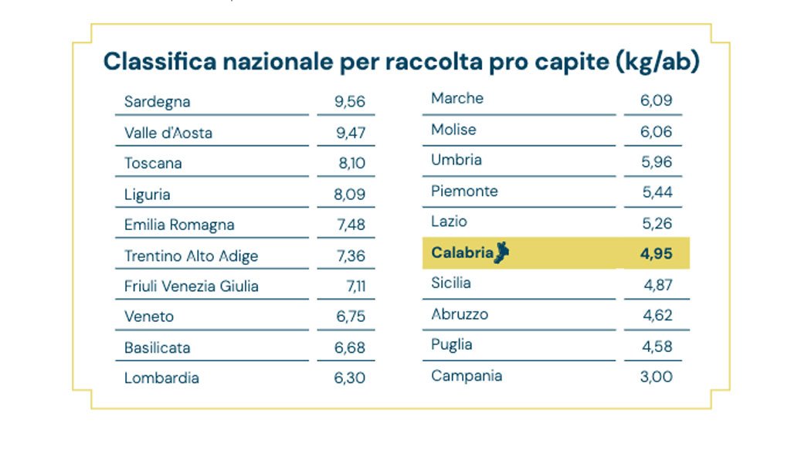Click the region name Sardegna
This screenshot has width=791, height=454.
point(157,102)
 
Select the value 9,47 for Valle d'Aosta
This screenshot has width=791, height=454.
point(350,133)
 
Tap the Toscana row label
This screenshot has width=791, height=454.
point(153,164)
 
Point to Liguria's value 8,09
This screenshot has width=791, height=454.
point(349,195)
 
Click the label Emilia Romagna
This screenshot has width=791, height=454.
point(179,225)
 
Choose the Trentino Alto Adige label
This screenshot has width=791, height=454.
point(191,256)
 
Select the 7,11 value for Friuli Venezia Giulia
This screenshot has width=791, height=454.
point(355,286)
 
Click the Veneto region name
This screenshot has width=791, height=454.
point(149,317)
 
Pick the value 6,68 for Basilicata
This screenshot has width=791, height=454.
point(350,347)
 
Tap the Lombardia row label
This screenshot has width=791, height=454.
point(161,378)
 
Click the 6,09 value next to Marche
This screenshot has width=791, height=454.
point(657,100)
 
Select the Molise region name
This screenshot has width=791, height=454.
point(453,130)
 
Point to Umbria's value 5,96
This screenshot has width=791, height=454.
point(657,161)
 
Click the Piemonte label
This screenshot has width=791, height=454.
point(464,191)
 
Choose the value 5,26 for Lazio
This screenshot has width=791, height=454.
point(657,223)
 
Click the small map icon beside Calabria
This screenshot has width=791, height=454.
point(503,252)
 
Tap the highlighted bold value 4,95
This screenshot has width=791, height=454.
point(657,253)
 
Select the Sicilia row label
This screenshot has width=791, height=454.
point(450,283)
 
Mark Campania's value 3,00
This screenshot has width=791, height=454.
point(657,377)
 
